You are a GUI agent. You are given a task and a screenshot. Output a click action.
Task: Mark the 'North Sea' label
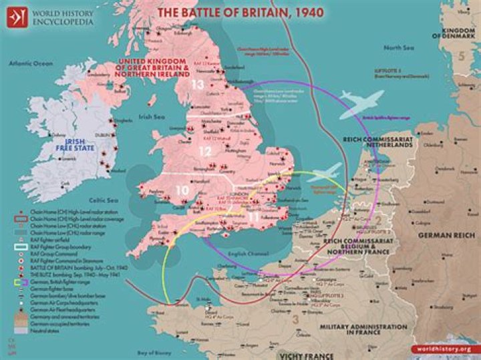click(x=395, y=47)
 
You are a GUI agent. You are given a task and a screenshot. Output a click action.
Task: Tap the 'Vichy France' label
click(x=308, y=353)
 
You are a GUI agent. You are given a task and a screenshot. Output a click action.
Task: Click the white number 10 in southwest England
click(x=182, y=190)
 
